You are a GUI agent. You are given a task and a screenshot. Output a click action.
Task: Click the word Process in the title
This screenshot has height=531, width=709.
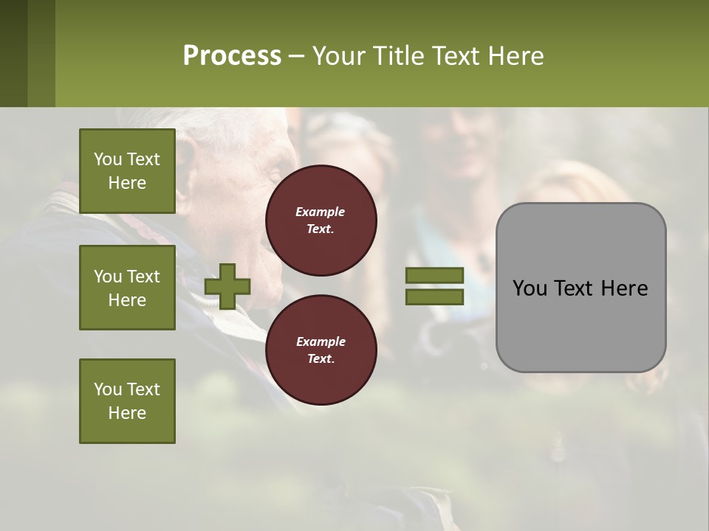(232, 56)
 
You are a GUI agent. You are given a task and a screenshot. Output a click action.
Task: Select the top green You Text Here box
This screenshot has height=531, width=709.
(127, 171)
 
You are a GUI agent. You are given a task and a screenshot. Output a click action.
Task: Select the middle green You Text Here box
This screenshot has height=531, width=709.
(127, 288)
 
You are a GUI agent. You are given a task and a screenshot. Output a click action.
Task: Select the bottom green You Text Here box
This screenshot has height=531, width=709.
(127, 401)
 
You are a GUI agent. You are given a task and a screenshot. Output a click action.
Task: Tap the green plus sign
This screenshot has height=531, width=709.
(227, 286)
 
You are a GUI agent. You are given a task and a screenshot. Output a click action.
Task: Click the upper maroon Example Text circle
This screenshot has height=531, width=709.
(321, 221)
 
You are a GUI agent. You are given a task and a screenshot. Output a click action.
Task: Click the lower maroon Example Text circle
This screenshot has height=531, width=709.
(321, 350)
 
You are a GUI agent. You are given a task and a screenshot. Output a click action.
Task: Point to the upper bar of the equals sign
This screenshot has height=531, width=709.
(434, 276)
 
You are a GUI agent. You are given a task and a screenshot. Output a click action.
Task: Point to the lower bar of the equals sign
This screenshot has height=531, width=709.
(434, 297)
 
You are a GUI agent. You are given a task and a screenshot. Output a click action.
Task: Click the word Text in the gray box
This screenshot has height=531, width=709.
(579, 288)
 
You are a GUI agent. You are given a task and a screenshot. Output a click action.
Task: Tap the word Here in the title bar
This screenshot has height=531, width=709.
(516, 56)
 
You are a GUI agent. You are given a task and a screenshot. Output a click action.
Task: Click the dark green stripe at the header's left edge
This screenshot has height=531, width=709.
(13, 53)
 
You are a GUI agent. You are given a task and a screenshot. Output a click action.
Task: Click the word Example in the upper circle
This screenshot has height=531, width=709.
(321, 212)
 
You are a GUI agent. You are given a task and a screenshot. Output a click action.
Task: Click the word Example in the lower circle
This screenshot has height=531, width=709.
(321, 341)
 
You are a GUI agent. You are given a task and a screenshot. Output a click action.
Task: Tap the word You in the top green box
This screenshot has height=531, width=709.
(108, 159)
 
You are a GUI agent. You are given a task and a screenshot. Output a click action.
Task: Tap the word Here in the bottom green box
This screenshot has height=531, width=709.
(127, 413)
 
